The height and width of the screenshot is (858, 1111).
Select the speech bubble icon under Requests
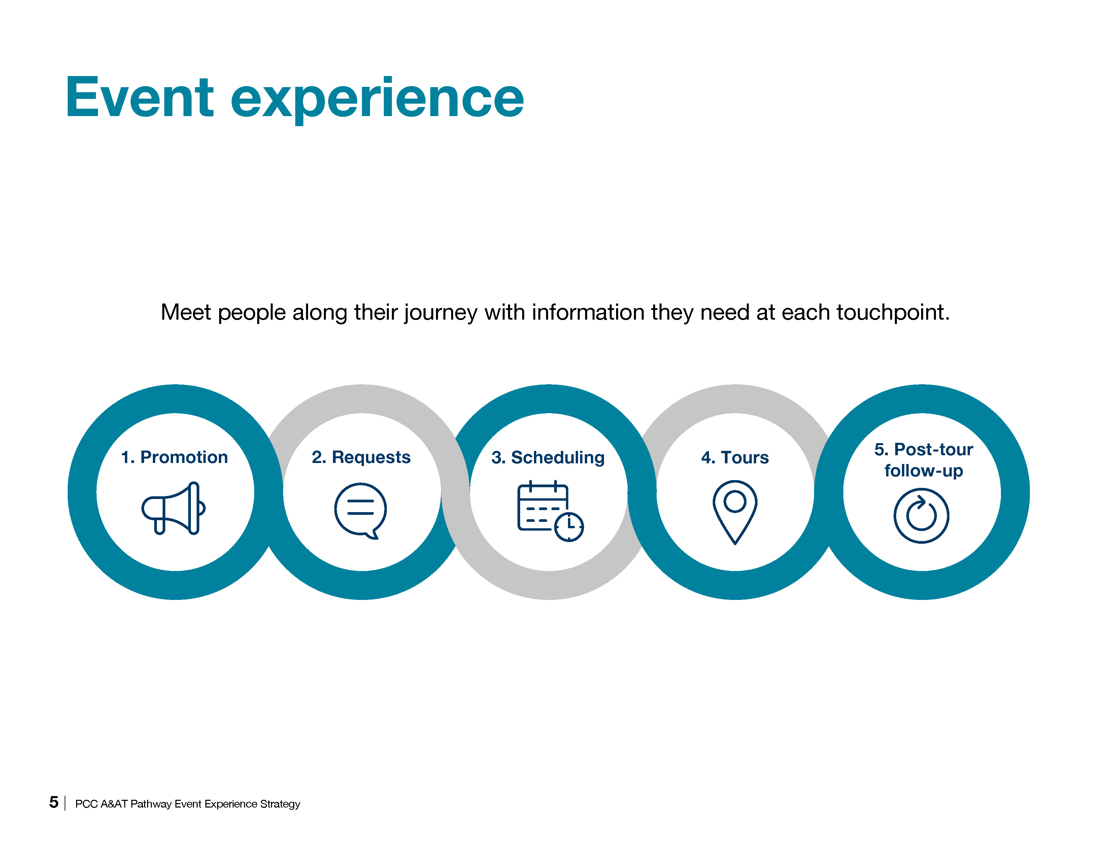(360, 510)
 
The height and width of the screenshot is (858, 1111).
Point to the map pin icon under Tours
(735, 510)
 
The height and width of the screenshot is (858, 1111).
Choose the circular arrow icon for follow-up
(921, 515)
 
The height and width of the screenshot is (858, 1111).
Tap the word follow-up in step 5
(923, 471)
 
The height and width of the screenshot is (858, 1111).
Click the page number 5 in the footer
(54, 802)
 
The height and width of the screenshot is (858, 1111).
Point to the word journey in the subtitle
(441, 312)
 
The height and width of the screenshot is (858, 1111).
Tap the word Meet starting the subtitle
(186, 312)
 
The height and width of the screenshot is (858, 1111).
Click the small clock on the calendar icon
(569, 526)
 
